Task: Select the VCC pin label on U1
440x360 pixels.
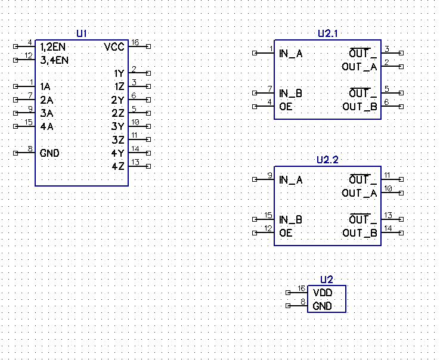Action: (x=114, y=47)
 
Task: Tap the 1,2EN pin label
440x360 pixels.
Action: (x=53, y=46)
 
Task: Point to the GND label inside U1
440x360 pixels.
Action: (x=49, y=153)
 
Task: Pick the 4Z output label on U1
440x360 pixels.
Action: (x=118, y=166)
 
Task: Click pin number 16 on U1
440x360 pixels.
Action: (x=135, y=42)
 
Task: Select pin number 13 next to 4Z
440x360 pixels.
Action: (x=135, y=162)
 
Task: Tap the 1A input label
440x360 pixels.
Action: (x=46, y=86)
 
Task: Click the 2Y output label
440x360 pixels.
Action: (x=118, y=100)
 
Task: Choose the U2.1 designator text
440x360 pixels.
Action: (x=327, y=34)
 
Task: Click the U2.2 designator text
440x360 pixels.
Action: (x=327, y=160)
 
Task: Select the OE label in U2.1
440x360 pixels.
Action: (x=286, y=107)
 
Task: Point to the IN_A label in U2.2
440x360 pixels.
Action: (x=290, y=180)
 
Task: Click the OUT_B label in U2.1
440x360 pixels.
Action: (x=360, y=107)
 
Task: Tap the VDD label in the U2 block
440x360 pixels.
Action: (x=322, y=293)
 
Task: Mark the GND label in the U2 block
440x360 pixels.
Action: (x=322, y=306)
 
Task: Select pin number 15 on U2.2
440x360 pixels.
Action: (x=269, y=216)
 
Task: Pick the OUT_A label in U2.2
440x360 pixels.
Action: (x=360, y=193)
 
